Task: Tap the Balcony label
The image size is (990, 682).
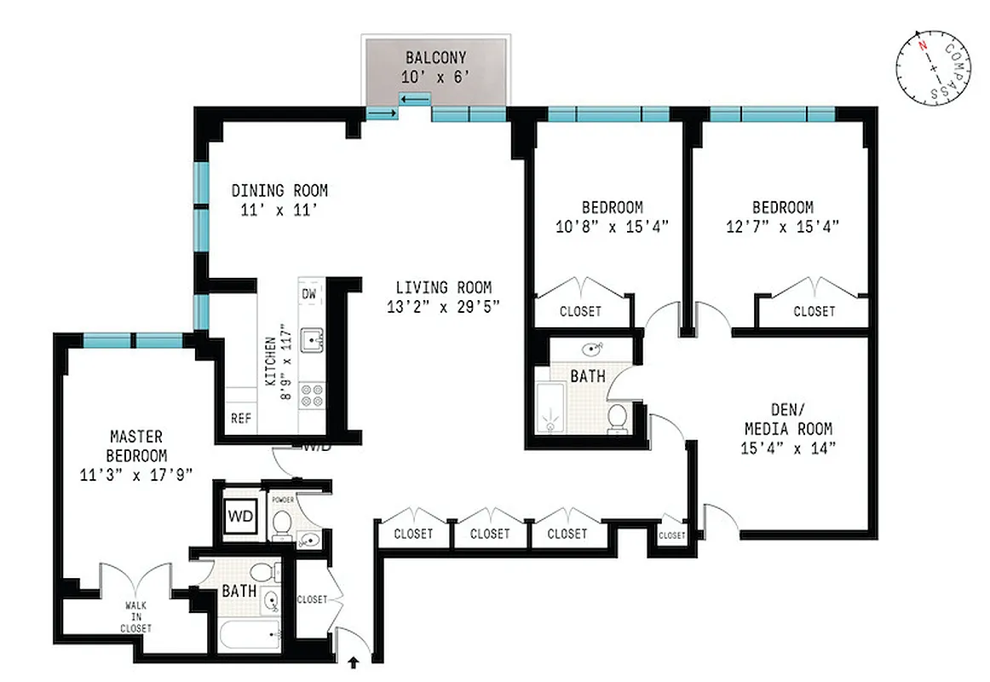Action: (435, 59)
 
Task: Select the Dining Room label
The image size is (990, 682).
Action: (279, 191)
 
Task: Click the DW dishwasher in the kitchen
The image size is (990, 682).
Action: (308, 295)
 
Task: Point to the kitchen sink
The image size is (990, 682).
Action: (315, 340)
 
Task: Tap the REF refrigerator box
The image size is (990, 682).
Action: (241, 419)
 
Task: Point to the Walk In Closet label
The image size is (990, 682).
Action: (136, 616)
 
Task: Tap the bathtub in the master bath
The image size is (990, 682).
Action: (249, 635)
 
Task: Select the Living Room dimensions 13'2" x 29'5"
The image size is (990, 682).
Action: (443, 309)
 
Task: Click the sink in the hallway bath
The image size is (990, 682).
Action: (593, 349)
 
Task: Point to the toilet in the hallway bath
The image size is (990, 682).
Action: (618, 417)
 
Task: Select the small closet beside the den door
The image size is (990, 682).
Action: (671, 535)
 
